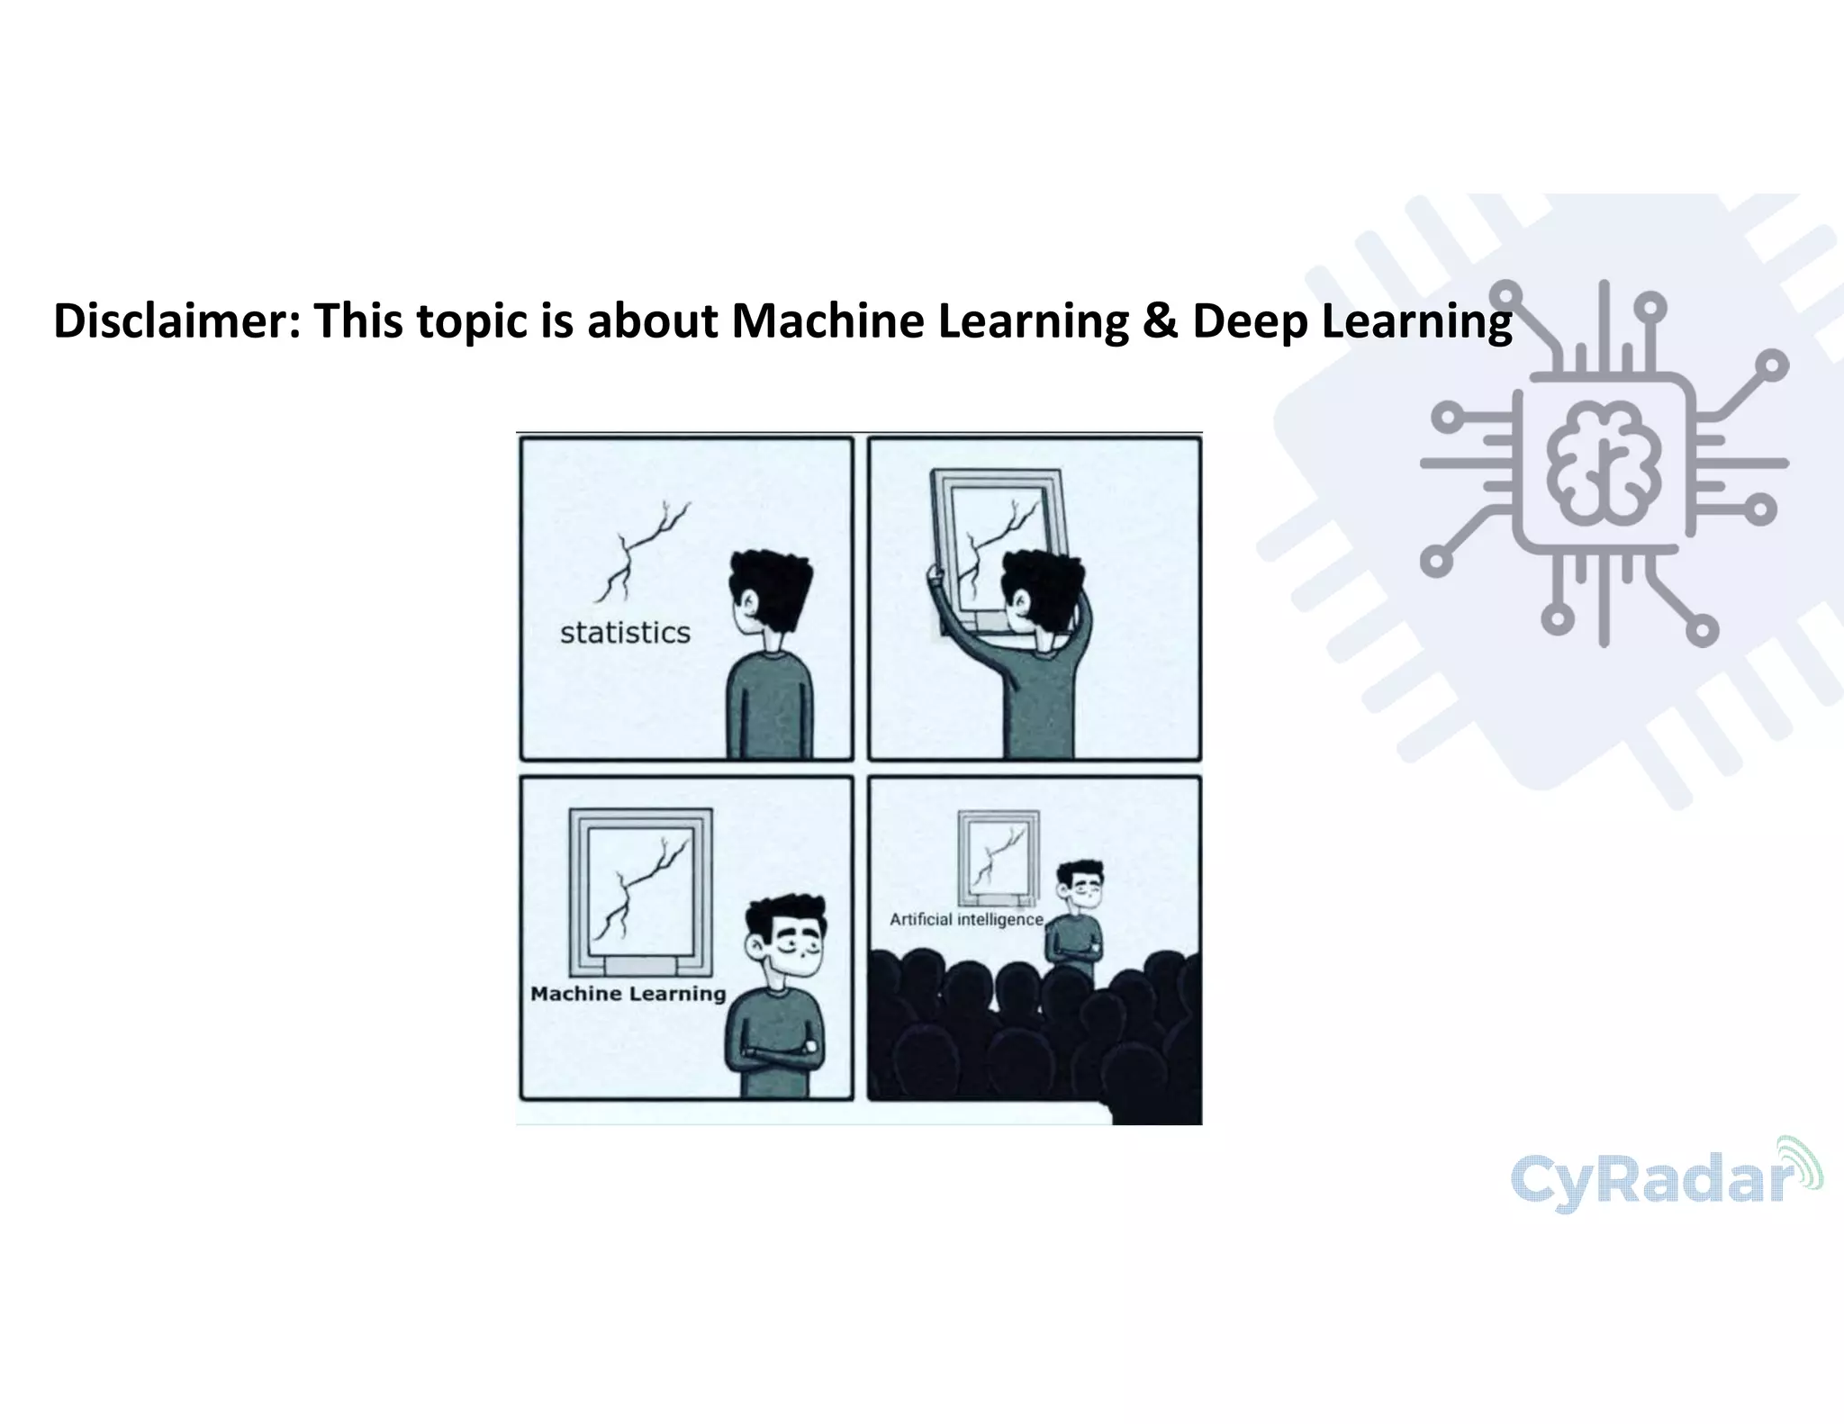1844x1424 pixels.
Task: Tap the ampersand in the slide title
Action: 1159,321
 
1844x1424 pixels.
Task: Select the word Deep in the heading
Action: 1250,323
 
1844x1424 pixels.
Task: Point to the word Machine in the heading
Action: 827,321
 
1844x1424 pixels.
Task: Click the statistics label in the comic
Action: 625,633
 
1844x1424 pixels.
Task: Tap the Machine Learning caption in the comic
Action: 628,994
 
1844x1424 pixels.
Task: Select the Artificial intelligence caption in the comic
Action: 966,919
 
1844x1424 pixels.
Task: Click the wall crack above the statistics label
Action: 640,550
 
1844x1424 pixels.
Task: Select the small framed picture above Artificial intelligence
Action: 998,857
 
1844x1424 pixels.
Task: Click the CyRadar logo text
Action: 1648,1180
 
